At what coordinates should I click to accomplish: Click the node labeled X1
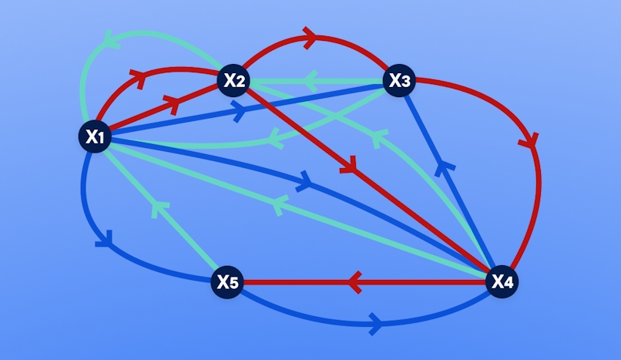tap(95, 136)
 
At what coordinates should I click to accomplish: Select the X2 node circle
tap(233, 80)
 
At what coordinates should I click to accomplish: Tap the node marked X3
tap(399, 80)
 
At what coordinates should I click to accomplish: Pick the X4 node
tap(502, 281)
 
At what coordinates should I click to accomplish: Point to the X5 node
tap(227, 282)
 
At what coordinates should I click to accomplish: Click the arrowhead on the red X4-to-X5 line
tap(355, 282)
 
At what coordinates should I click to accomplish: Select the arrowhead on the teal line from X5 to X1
tap(159, 209)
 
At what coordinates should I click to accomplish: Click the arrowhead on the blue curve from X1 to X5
tap(105, 239)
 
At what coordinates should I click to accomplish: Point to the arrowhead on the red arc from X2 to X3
tap(310, 38)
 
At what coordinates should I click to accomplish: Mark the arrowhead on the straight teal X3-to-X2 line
tap(311, 81)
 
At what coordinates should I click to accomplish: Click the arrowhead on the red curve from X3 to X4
tap(529, 141)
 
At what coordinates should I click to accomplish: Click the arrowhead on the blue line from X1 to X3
tap(239, 111)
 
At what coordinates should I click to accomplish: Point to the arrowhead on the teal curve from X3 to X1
tap(277, 139)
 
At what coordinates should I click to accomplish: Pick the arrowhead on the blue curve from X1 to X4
tap(304, 182)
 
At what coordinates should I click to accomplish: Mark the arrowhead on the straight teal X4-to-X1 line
tap(279, 205)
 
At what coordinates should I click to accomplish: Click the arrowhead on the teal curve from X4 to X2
tap(379, 139)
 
